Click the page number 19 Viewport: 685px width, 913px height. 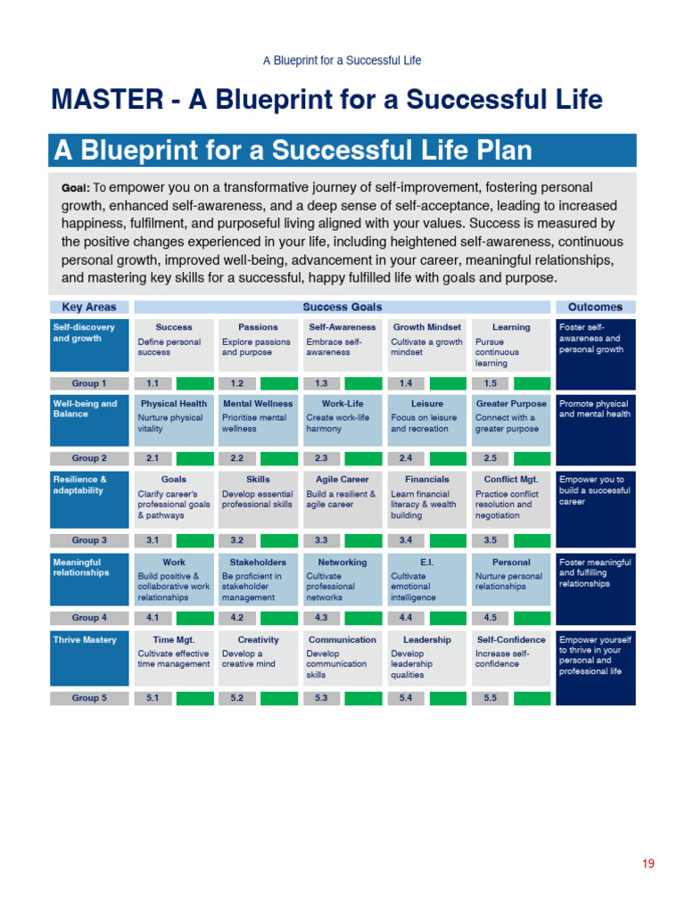coord(648,863)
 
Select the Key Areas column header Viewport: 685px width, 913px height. coord(88,307)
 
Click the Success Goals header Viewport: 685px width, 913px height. coord(342,307)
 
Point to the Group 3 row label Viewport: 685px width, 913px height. coord(89,540)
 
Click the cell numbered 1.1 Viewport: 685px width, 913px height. coord(153,383)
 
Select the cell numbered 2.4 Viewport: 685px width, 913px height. coord(406,458)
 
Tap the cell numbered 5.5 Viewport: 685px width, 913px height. coord(491,698)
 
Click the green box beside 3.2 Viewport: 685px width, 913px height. coord(279,540)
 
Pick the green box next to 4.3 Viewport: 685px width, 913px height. coord(363,617)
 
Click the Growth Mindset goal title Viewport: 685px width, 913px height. coord(427,327)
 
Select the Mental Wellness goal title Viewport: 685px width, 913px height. coord(258,404)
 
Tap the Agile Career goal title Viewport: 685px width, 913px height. coord(342,480)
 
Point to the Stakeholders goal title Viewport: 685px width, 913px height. coord(258,563)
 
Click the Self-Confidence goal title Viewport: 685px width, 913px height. coord(511,640)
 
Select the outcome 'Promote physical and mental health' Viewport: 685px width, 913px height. coord(594,409)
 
